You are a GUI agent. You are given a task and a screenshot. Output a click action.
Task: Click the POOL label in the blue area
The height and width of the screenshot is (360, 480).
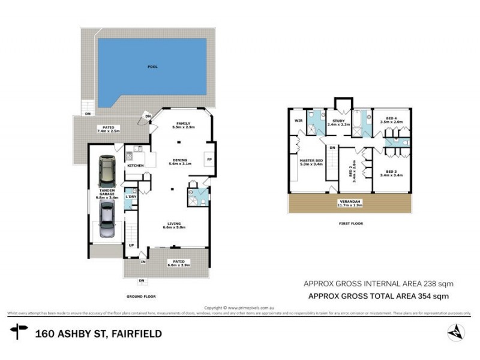(x=152, y=67)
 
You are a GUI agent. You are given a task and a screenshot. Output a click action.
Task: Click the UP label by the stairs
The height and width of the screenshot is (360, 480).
(x=131, y=245)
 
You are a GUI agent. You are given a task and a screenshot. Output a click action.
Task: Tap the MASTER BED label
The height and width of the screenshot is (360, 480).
(x=311, y=160)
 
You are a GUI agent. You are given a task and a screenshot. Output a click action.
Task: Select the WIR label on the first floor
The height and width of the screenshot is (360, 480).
(x=298, y=120)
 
